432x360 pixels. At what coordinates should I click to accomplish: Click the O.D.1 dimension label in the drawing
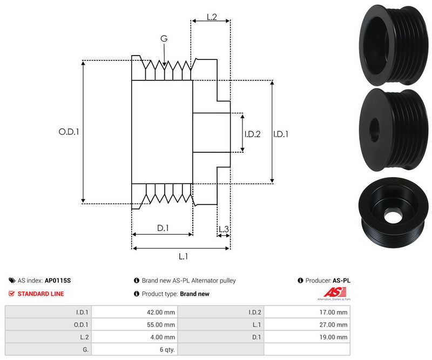coord(69,132)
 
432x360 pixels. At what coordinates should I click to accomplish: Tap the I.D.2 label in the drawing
coord(252,134)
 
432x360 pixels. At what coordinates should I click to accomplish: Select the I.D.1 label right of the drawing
coord(280,134)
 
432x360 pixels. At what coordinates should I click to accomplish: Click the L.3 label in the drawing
coord(224,229)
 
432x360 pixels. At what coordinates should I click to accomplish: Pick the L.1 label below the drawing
coord(183,257)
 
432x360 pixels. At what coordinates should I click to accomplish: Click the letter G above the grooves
coord(164,39)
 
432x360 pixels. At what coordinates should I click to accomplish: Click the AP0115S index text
coord(57,281)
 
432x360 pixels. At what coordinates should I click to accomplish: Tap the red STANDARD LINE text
coord(40,294)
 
